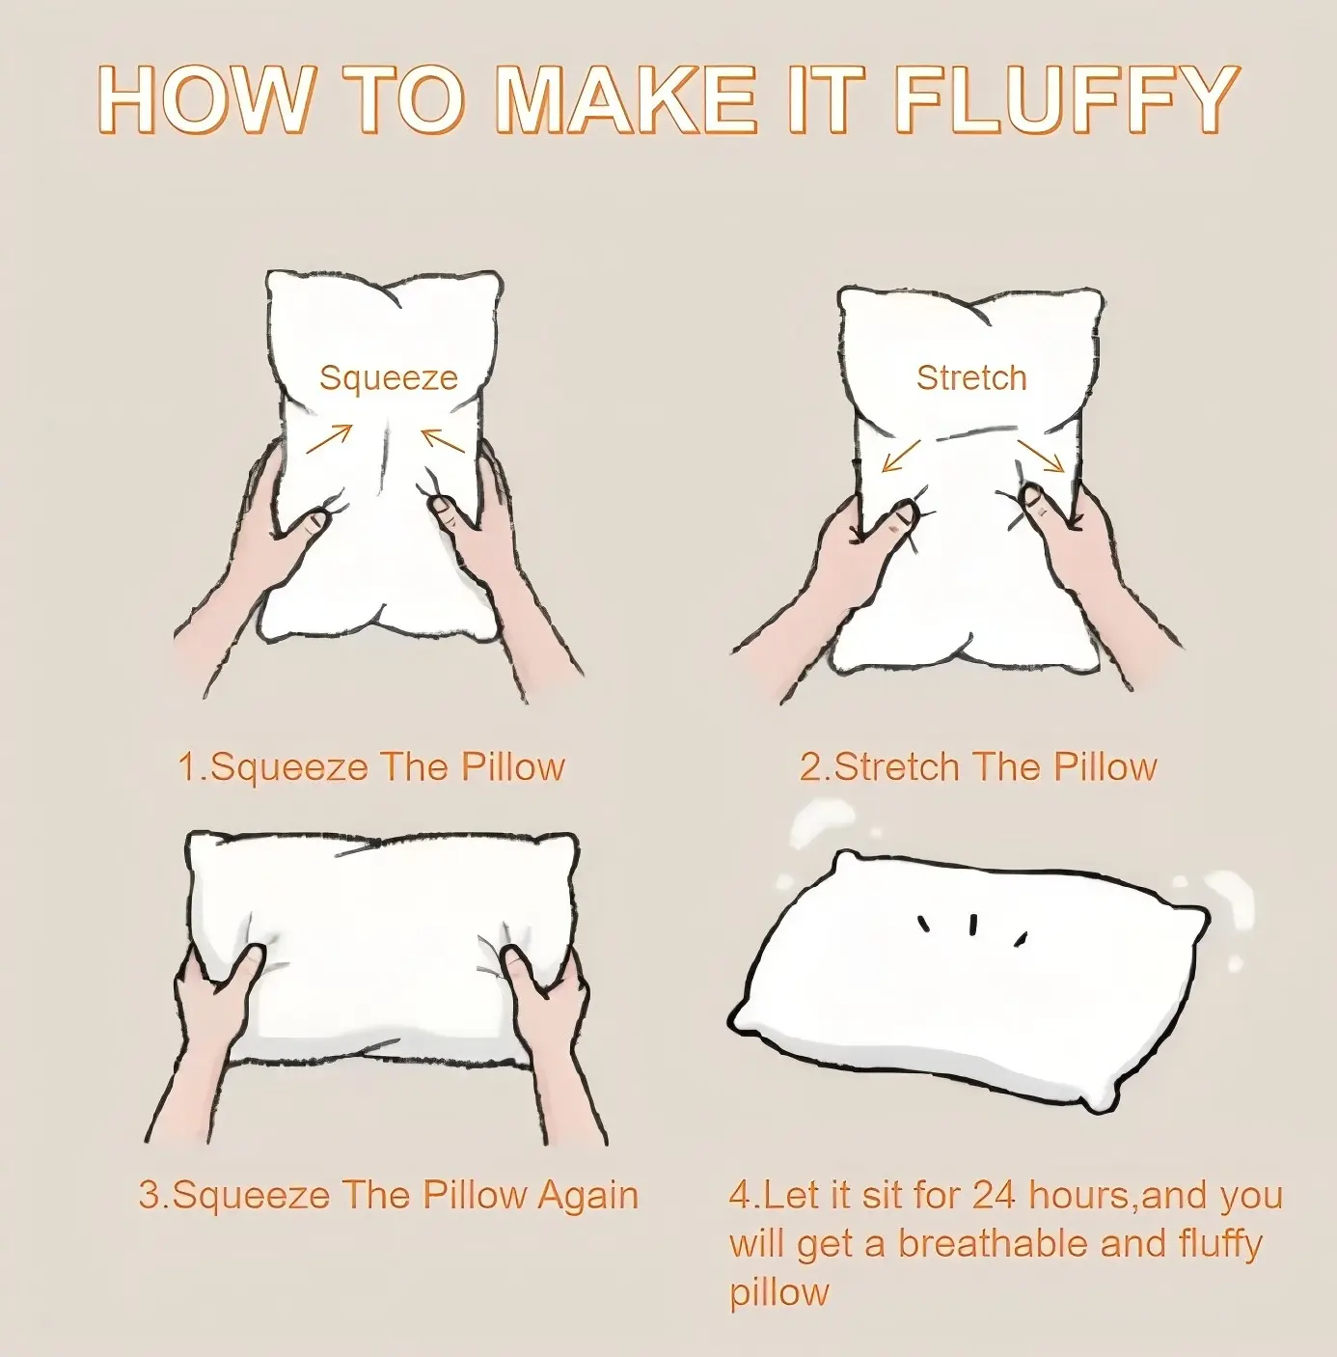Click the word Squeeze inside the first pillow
389,378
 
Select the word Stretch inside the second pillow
971,378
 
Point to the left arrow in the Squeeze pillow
330,439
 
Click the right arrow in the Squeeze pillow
444,439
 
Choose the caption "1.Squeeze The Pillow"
371,766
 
